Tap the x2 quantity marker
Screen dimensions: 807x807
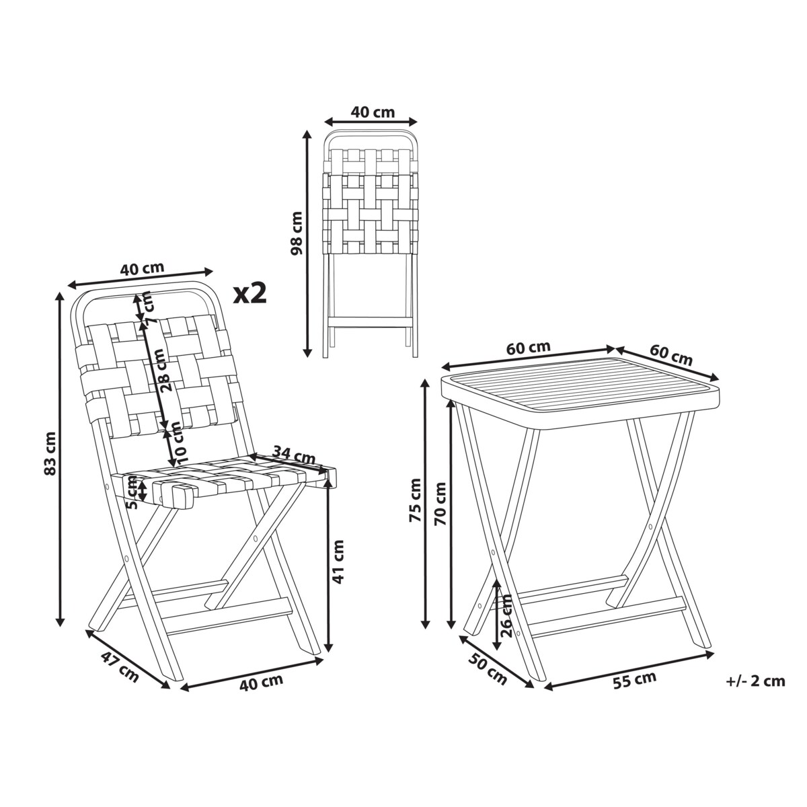coord(250,293)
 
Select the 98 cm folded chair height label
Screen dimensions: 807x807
coord(297,233)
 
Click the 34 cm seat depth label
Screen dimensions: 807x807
coord(294,455)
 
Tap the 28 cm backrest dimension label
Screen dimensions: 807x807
coord(163,370)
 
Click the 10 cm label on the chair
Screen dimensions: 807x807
coord(178,443)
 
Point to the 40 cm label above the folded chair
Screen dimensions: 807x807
coord(373,112)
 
